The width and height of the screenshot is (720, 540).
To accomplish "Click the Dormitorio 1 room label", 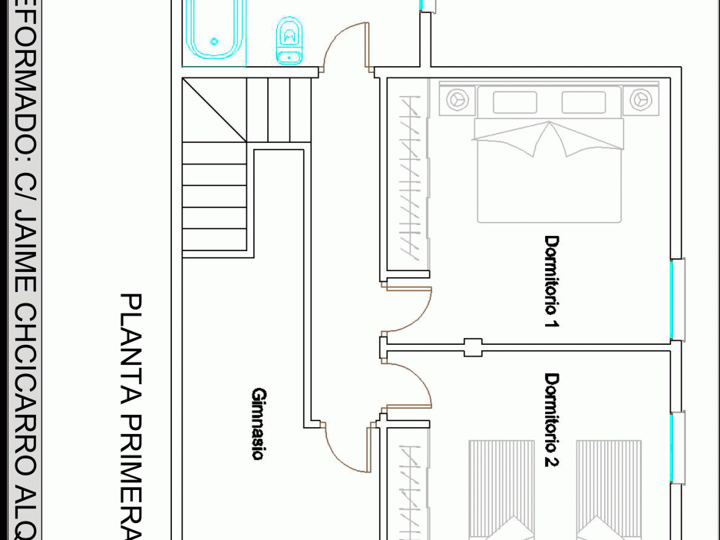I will [551, 282].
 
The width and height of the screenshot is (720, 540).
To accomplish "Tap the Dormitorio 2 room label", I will [551, 419].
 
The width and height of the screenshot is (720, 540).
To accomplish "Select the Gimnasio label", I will [258, 424].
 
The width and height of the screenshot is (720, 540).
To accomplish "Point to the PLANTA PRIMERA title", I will [131, 415].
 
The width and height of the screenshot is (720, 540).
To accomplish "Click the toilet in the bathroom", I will [289, 41].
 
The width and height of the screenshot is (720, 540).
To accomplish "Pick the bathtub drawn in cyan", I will [214, 29].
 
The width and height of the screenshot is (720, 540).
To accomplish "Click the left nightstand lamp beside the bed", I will [458, 99].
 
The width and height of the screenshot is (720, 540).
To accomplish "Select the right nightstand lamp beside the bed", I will [641, 99].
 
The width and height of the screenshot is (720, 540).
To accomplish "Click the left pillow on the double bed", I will [514, 102].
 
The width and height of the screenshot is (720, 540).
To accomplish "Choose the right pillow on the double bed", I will [583, 102].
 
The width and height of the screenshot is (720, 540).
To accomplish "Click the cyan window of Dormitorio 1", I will [677, 300].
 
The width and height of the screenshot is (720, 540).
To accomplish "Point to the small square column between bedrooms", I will [473, 347].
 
